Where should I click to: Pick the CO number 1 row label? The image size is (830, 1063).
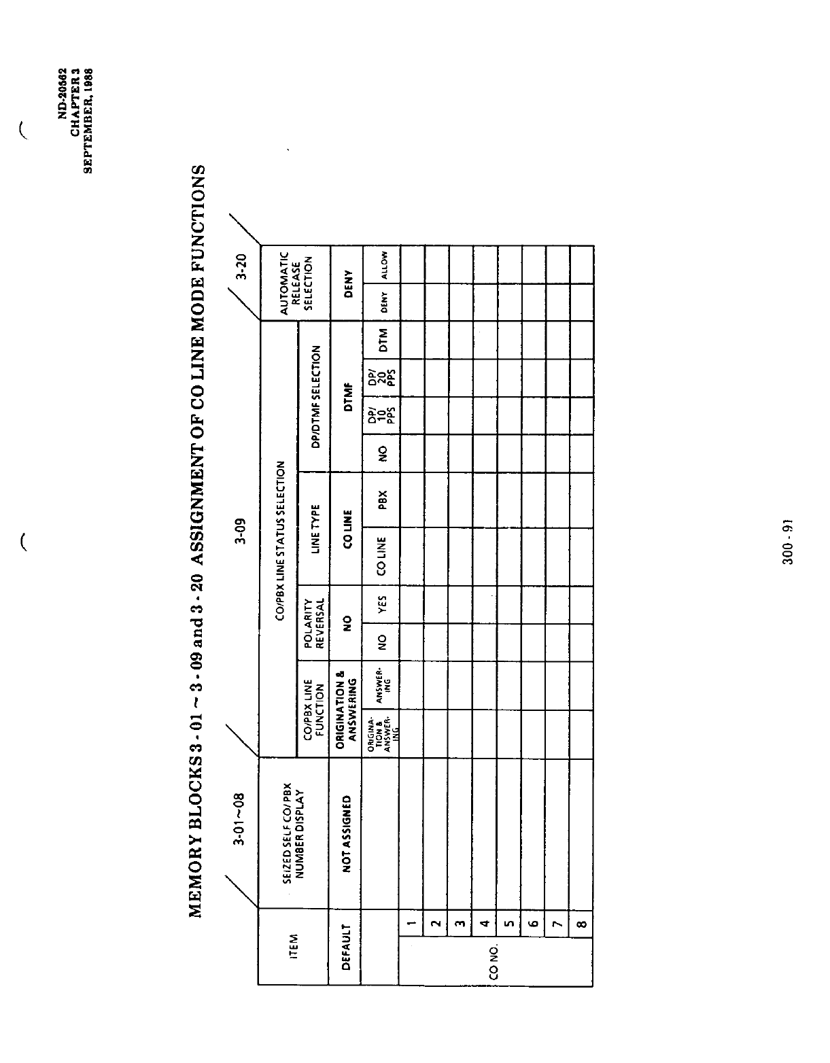[411, 923]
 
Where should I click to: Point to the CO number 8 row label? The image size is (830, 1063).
[582, 923]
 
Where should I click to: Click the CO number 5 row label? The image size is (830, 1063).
[508, 923]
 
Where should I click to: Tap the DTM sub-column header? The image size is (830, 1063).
[383, 339]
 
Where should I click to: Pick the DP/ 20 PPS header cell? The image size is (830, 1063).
[382, 377]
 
